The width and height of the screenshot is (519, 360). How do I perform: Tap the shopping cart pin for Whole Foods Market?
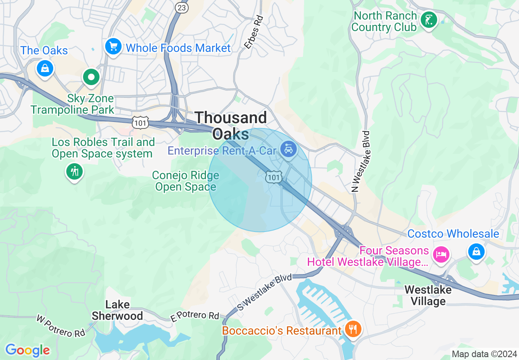coord(113,47)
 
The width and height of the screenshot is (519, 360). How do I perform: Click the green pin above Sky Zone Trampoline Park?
coord(91,77)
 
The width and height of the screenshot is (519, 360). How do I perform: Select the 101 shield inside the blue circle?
coord(273,177)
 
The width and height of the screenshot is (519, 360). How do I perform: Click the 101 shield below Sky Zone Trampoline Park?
coord(140,122)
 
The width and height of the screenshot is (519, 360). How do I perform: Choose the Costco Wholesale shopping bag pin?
coord(476,252)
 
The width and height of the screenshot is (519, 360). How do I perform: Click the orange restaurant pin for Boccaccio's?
coord(352,328)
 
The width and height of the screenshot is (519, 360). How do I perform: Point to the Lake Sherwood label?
coord(117,310)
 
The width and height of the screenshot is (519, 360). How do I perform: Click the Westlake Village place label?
coord(428,295)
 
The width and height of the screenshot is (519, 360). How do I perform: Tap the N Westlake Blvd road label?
coord(360,162)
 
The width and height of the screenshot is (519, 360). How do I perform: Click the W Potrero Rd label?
coord(61,326)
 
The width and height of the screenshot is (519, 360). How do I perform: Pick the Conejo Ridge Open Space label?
coord(185,181)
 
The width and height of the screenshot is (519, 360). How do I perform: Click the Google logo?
coord(27,351)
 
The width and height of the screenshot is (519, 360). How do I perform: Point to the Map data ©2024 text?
coord(483,354)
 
